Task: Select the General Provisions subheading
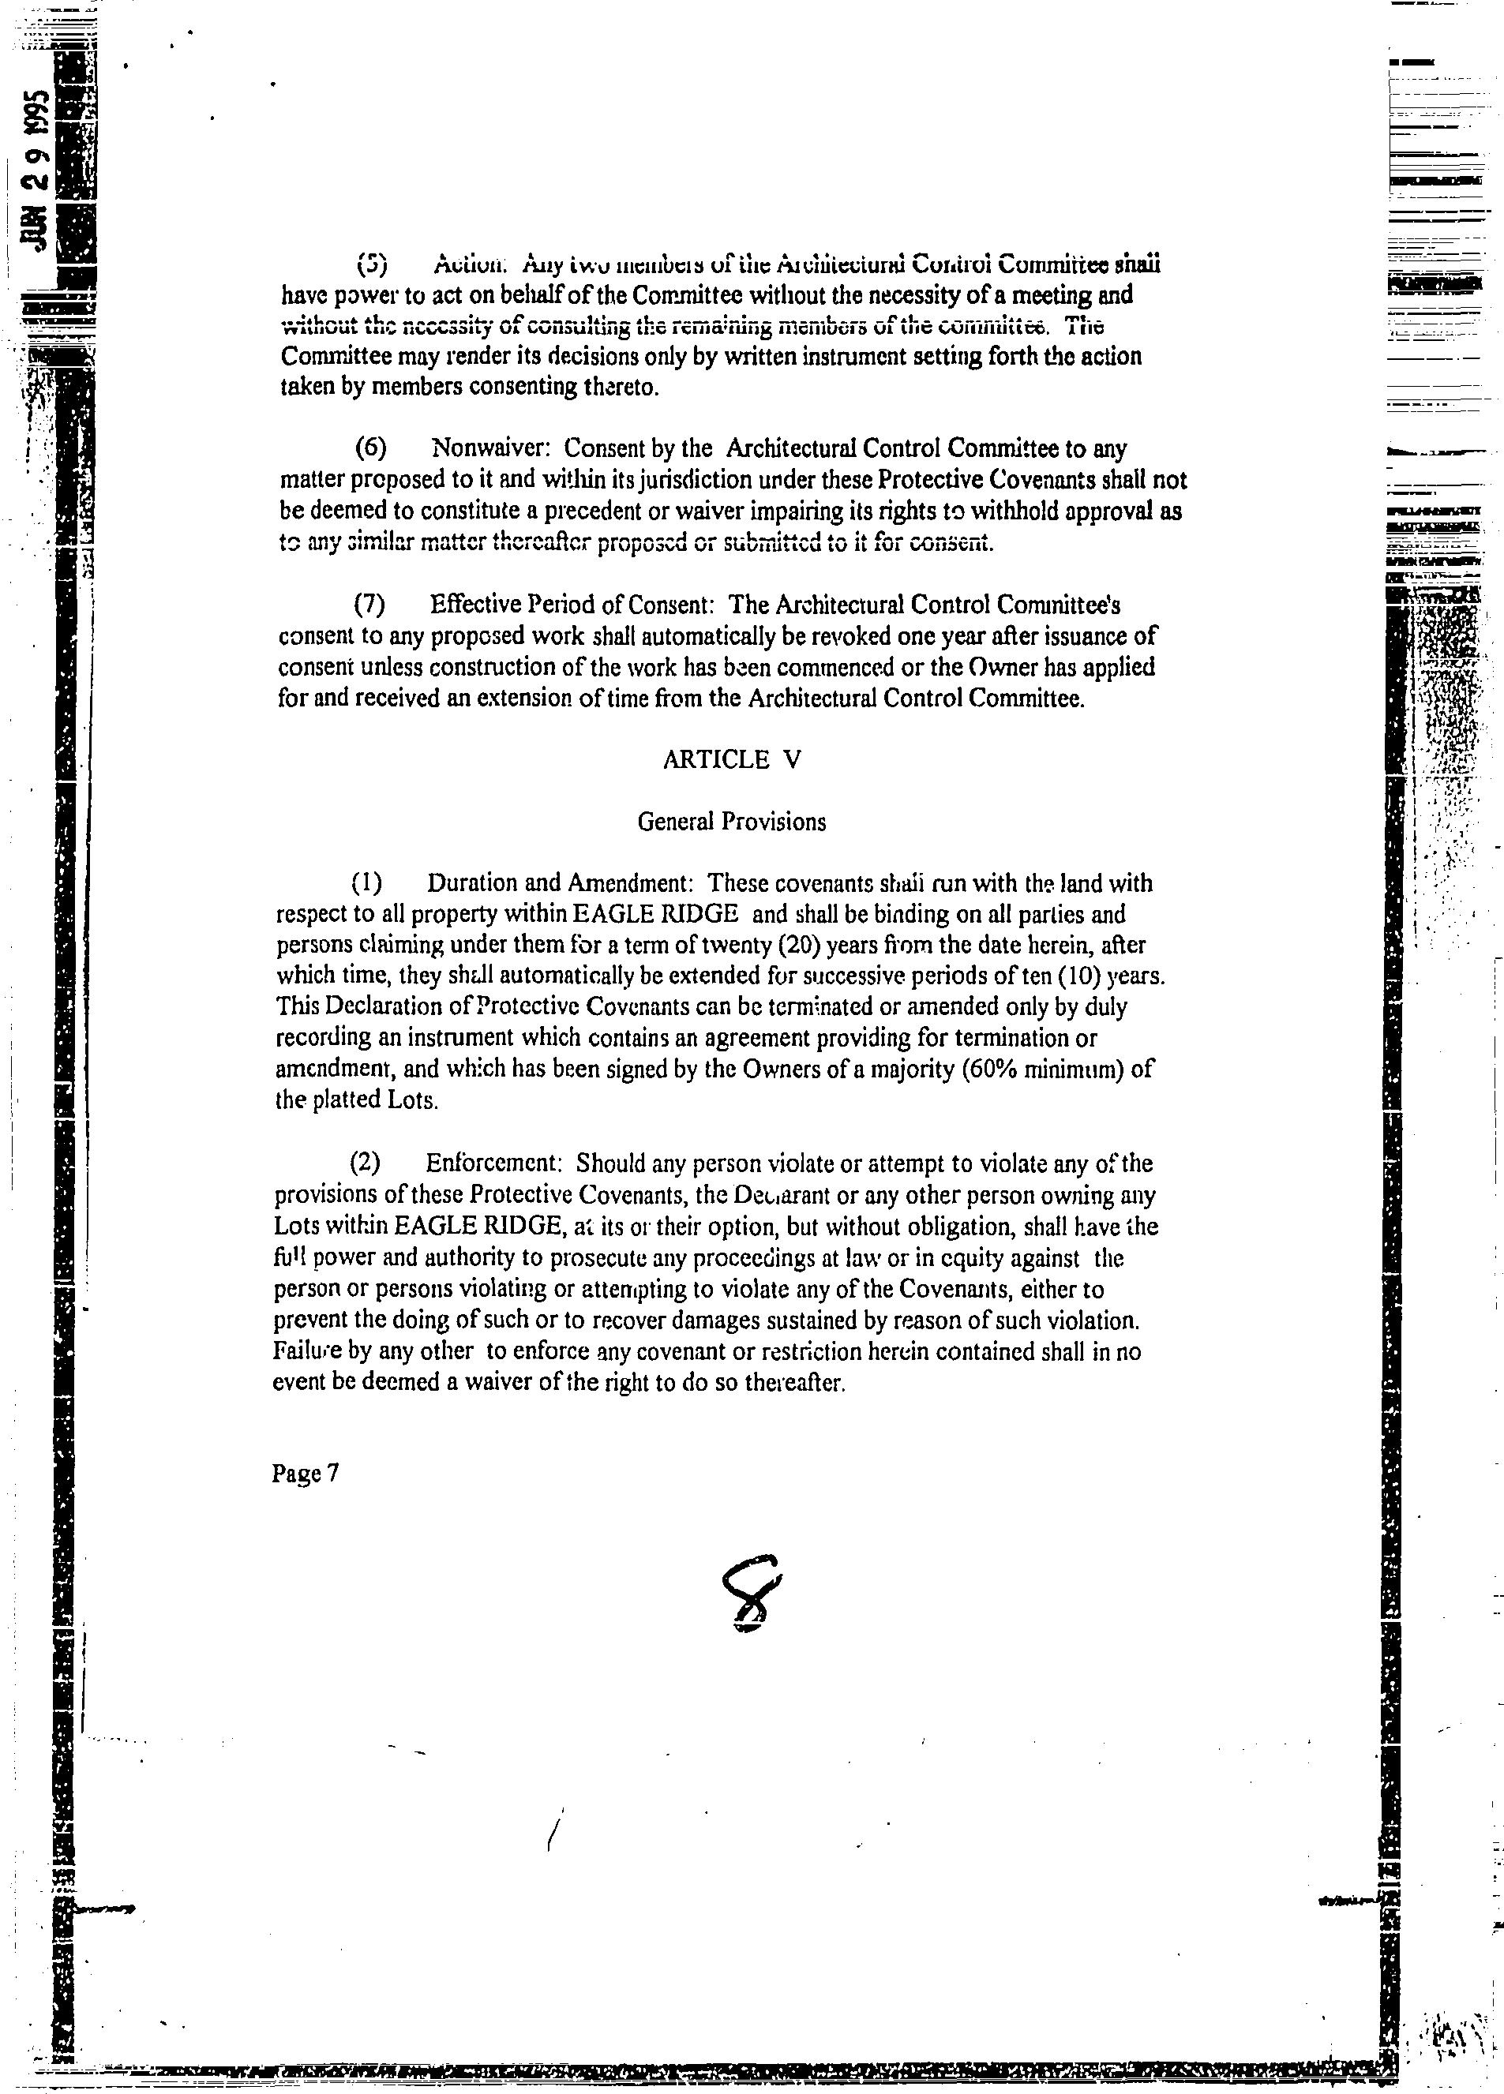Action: tap(731, 822)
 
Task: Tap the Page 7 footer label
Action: tap(306, 1474)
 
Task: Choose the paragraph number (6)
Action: tap(371, 448)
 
